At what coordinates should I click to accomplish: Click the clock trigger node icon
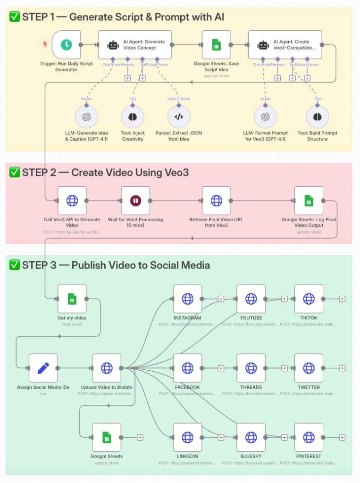(x=66, y=45)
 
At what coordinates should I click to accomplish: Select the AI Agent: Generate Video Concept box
(x=134, y=45)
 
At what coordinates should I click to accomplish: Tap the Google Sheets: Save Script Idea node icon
(x=216, y=45)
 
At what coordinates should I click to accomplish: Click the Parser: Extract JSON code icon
(x=179, y=117)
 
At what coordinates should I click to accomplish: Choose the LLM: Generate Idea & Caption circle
(x=86, y=117)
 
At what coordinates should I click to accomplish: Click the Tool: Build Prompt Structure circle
(x=317, y=117)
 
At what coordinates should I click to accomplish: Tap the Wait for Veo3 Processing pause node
(x=135, y=200)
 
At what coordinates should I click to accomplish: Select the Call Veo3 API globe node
(x=72, y=200)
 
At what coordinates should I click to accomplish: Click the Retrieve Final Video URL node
(x=216, y=200)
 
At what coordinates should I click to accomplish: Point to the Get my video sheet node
(x=72, y=299)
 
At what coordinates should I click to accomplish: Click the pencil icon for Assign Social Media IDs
(x=43, y=368)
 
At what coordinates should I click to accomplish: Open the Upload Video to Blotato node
(x=107, y=368)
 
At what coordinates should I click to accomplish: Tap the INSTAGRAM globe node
(x=187, y=299)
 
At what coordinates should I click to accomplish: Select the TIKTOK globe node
(x=309, y=299)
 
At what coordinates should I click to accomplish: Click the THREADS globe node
(x=251, y=368)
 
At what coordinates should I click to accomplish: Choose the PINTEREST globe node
(x=309, y=437)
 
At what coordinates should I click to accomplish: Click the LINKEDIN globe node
(x=187, y=437)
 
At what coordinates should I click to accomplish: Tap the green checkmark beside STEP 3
(x=14, y=265)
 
